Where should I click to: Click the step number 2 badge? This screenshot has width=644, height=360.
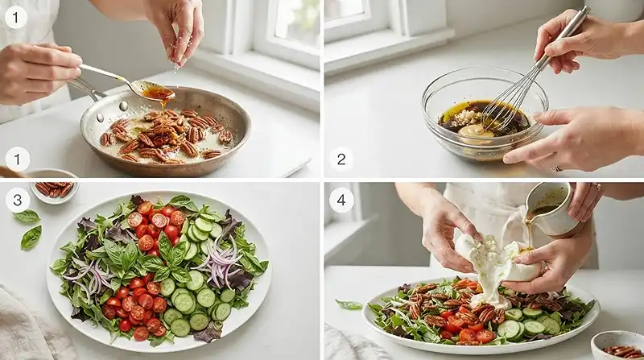(x=341, y=159)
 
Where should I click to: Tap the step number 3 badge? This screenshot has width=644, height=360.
(x=17, y=201)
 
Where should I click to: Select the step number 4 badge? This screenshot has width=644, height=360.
(x=341, y=201)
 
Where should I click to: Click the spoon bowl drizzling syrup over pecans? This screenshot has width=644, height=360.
(x=158, y=92)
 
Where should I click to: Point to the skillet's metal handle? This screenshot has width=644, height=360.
(x=85, y=89)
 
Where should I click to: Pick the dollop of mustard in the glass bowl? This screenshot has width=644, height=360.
(x=476, y=133)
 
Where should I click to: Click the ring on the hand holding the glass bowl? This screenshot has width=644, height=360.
(x=556, y=168)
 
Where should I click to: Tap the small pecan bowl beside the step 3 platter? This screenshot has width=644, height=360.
(x=54, y=191)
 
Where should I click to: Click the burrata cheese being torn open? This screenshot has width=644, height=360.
(x=496, y=263)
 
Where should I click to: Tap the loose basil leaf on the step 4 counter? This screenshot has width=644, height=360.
(x=349, y=304)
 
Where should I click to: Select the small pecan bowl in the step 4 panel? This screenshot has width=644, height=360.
(x=617, y=346)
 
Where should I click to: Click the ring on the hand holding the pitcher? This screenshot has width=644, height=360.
(x=596, y=188)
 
